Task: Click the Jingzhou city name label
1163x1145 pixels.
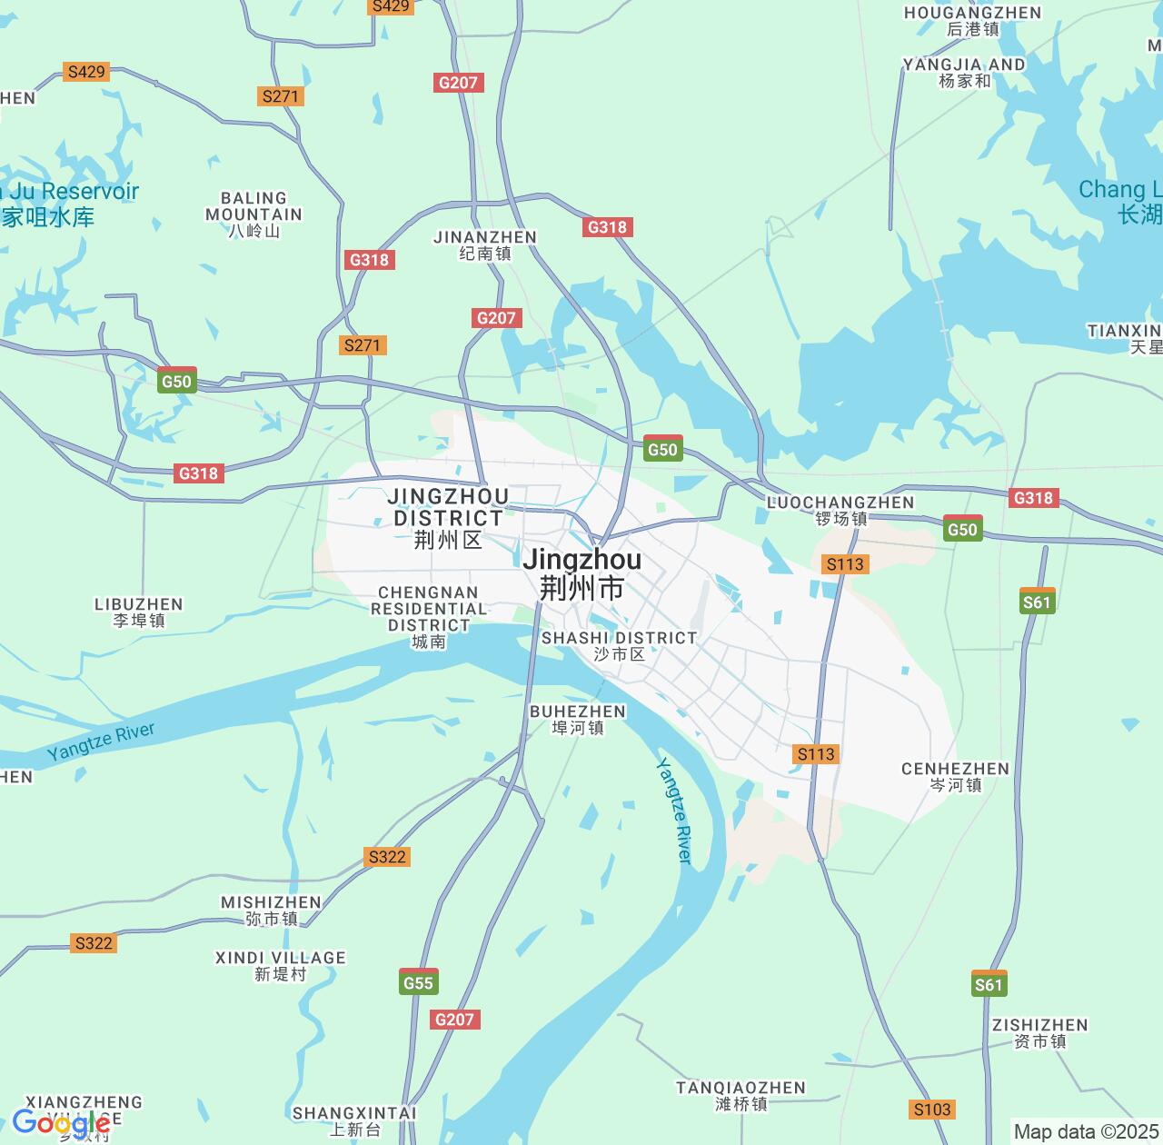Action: (581, 573)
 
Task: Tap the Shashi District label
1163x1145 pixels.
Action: (619, 645)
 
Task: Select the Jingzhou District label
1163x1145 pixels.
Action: (448, 518)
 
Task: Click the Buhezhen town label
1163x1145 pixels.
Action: (578, 719)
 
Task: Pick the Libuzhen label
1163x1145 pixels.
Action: (139, 612)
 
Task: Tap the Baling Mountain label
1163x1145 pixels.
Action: (253, 214)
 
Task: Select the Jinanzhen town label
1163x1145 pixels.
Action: (485, 244)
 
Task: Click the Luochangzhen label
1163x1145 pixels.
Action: (840, 510)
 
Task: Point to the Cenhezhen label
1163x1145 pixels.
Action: (955, 776)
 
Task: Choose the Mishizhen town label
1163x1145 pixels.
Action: (271, 910)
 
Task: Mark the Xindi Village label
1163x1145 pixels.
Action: (280, 965)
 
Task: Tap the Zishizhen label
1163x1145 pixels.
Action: (1039, 1032)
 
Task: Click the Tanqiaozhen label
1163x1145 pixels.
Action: (741, 1095)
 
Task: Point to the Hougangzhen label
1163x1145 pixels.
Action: (972, 20)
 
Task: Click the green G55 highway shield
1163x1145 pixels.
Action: (418, 982)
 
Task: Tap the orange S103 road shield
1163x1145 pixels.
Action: (932, 1109)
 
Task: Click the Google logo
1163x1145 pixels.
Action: (61, 1124)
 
